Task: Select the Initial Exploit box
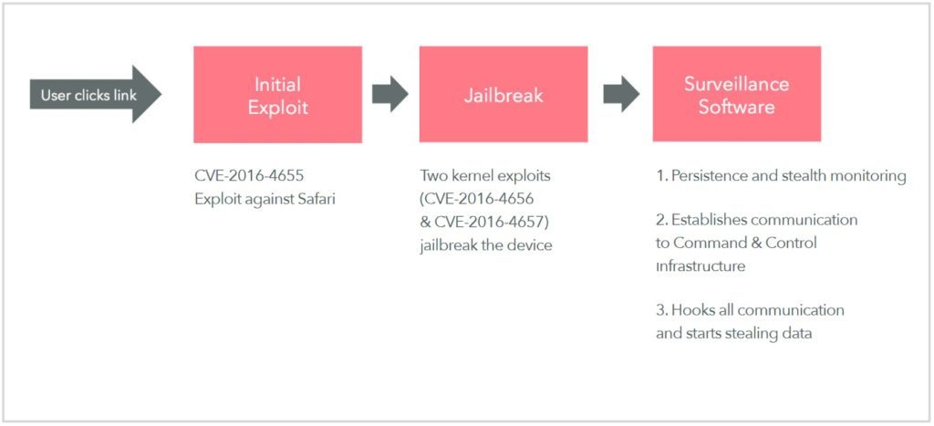tap(277, 95)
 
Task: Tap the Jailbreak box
tap(503, 95)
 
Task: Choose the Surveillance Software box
tap(736, 95)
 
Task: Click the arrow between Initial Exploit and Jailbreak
tap(390, 94)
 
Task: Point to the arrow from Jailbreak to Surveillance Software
tap(621, 94)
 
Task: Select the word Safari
tap(313, 198)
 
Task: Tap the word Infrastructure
tap(700, 266)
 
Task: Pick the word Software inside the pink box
tap(737, 107)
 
